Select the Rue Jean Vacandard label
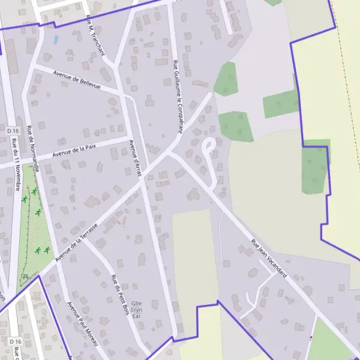269,260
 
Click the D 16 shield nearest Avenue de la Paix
13,130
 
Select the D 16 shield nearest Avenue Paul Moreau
15,341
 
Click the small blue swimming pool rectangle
56,40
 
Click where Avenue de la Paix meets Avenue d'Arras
130,139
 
